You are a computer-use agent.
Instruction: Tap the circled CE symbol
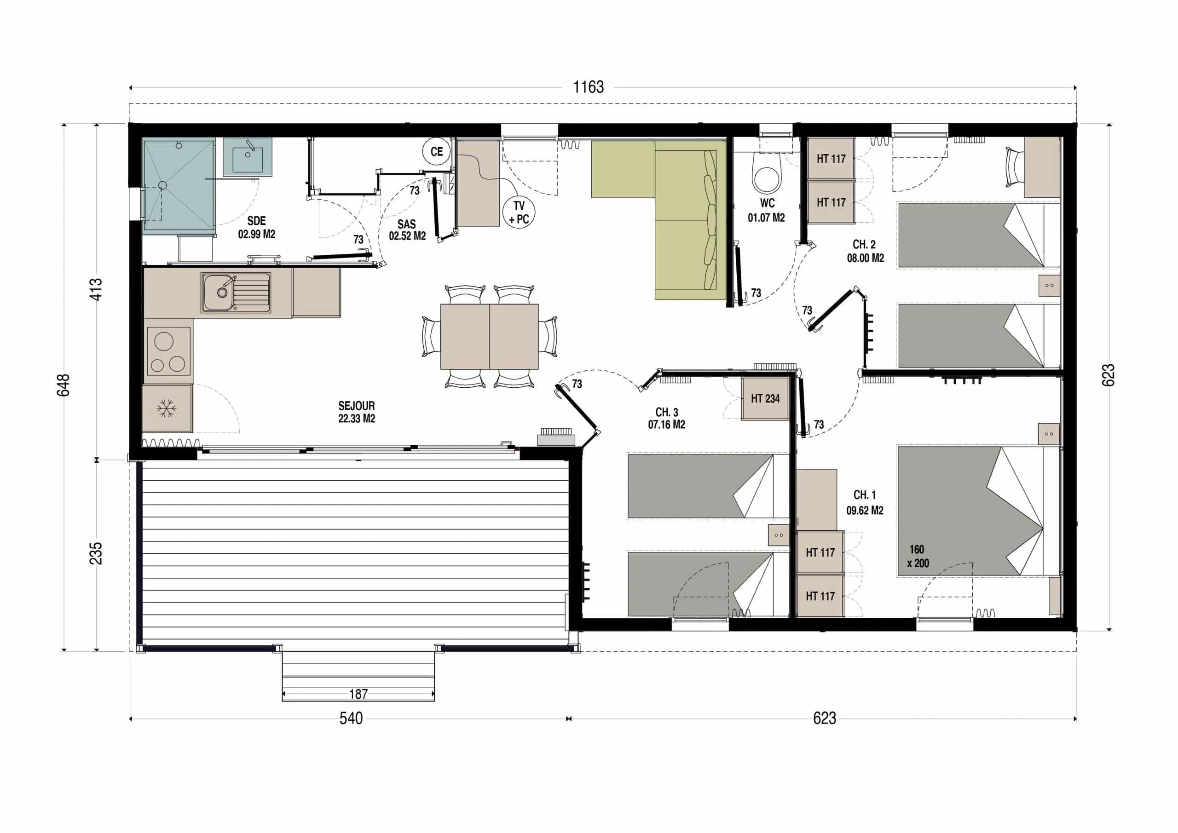click(x=437, y=152)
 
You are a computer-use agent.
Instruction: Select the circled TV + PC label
click(x=519, y=213)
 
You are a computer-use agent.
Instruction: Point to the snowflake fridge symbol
click(x=166, y=409)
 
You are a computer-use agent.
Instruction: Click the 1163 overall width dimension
click(x=589, y=87)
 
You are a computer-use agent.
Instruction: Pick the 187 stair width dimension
click(x=358, y=694)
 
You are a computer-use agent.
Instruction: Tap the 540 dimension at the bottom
click(x=351, y=718)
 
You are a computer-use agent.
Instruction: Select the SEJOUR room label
click(x=356, y=406)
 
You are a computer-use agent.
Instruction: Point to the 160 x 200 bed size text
click(x=918, y=556)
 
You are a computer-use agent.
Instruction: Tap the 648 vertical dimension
click(x=63, y=385)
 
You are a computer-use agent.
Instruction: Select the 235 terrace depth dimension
click(x=96, y=553)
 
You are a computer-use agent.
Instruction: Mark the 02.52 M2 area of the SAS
click(x=407, y=236)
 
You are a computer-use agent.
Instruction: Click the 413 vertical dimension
click(x=96, y=289)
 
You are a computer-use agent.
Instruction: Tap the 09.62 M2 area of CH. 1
click(x=865, y=511)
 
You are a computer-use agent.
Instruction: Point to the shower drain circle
click(x=162, y=185)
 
